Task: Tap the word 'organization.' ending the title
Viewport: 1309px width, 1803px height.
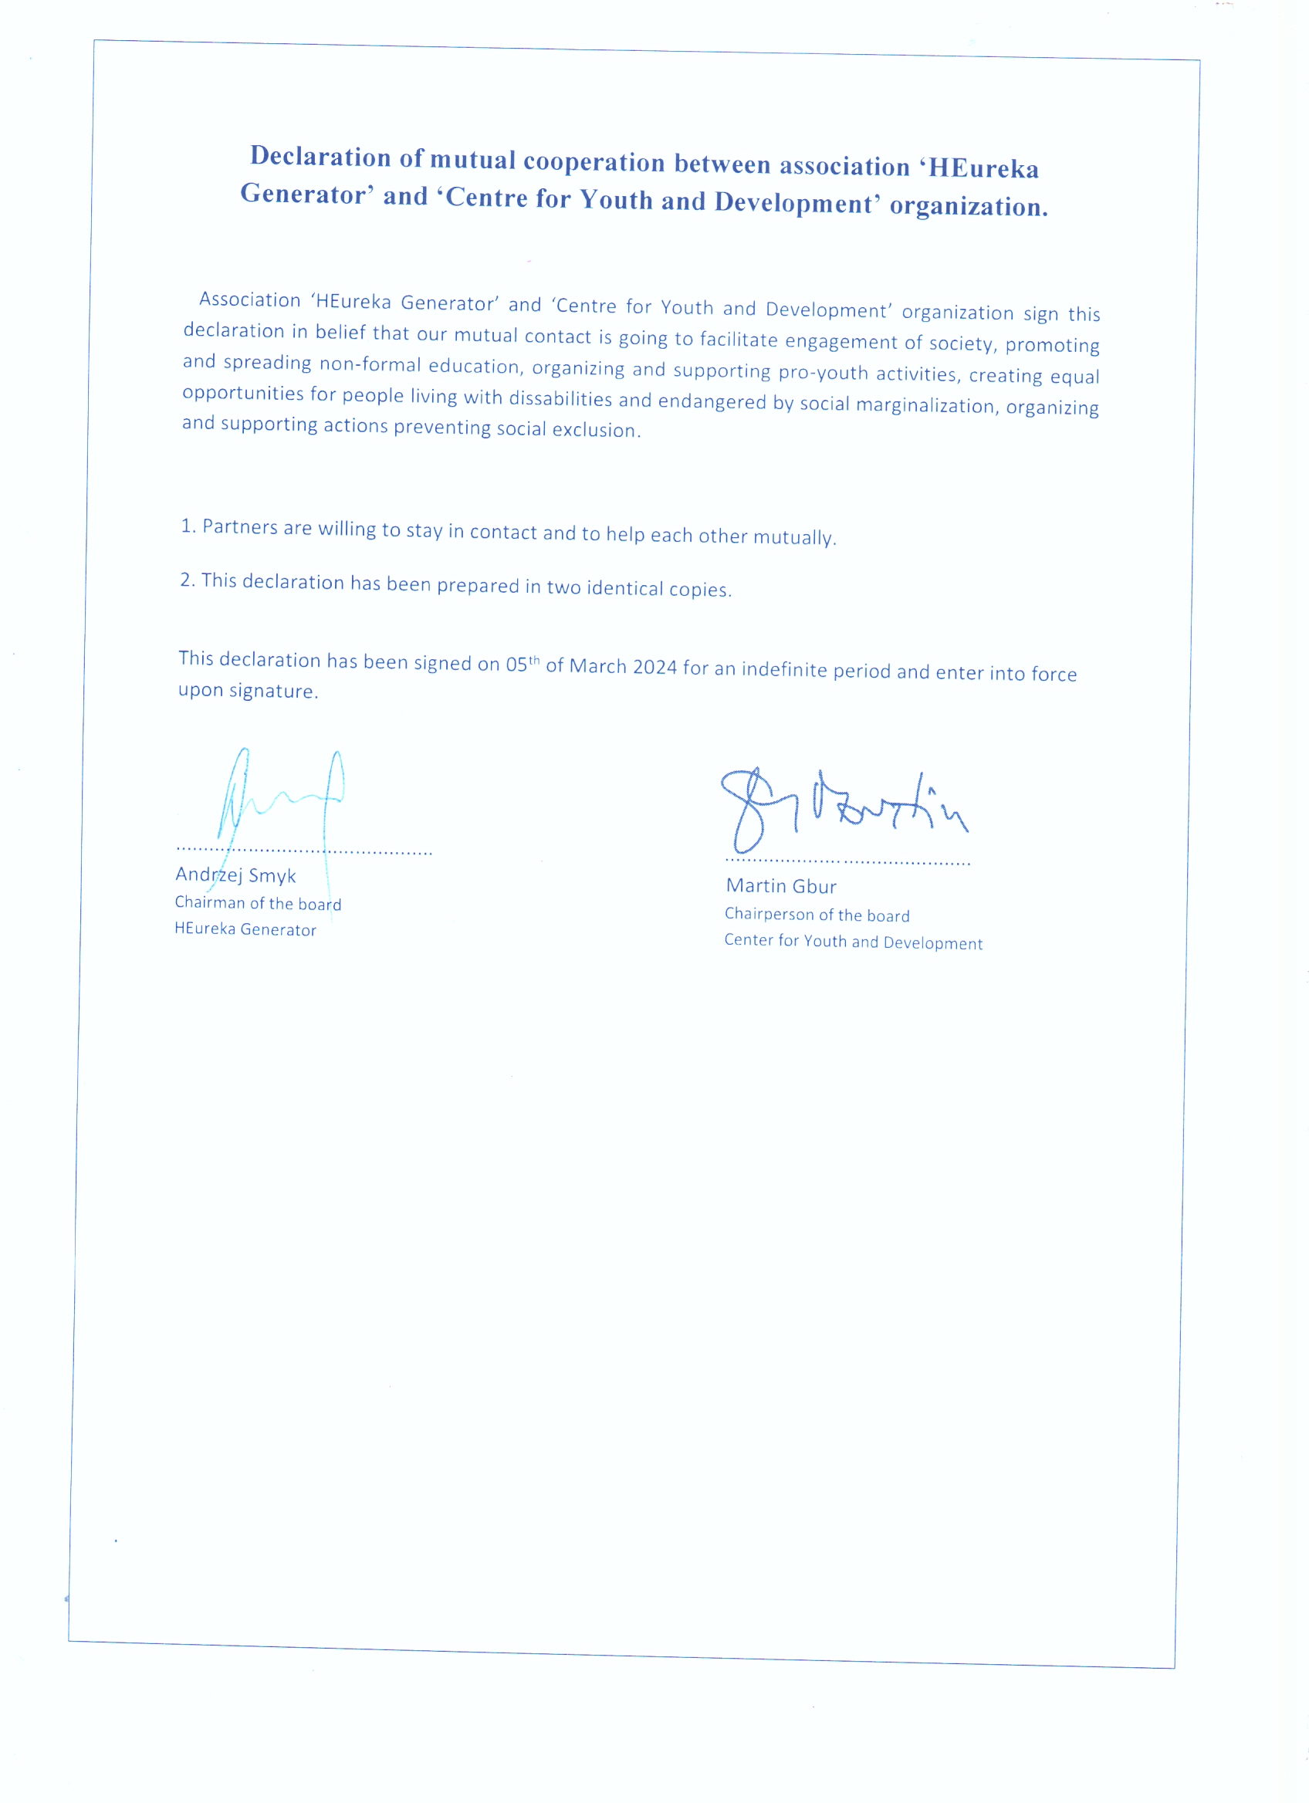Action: (968, 207)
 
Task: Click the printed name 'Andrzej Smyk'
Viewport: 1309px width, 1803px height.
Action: (235, 875)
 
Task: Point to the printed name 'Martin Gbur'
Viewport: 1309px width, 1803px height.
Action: (780, 886)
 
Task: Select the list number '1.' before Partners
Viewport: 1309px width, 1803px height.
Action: (188, 526)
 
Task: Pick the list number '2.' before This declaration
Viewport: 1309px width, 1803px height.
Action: (187, 580)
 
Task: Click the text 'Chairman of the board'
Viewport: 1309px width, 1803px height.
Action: (259, 903)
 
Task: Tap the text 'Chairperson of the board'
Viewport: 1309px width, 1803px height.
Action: (817, 915)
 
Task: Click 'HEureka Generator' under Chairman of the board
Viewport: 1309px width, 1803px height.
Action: (245, 929)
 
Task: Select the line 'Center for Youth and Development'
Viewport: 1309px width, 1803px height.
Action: (853, 942)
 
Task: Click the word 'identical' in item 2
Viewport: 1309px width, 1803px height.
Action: (624, 587)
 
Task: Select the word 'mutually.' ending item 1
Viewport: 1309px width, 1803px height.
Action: (794, 537)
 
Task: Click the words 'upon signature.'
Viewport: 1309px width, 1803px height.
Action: (248, 691)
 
